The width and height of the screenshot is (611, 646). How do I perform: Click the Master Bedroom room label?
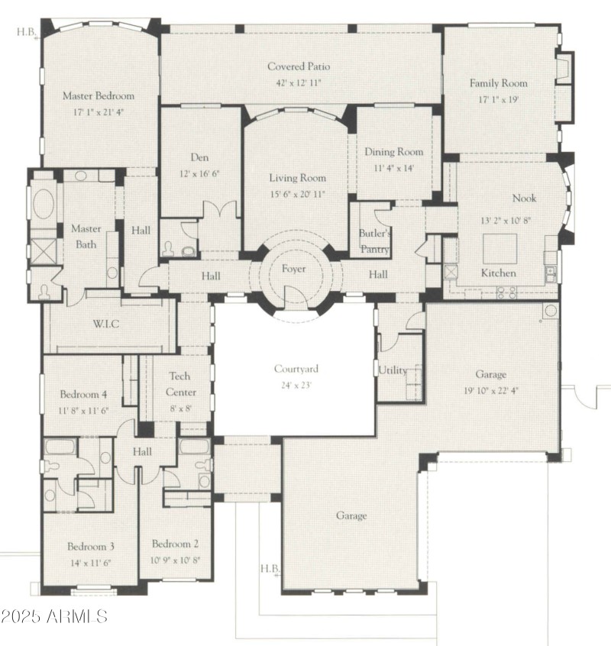(x=98, y=96)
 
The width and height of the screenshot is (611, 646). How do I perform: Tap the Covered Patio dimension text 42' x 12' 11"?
(x=299, y=82)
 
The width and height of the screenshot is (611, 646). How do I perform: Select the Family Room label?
(x=498, y=83)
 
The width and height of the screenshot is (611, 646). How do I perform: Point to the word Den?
(x=199, y=157)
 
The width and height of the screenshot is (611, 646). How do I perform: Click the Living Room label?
(x=297, y=178)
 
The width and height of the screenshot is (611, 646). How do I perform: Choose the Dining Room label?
(x=393, y=152)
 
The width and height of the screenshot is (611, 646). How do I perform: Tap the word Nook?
(x=524, y=198)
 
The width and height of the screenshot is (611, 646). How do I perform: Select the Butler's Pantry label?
(x=375, y=241)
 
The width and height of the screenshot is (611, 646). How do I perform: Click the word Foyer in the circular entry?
(x=294, y=268)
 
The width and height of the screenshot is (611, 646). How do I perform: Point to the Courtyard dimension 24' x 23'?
(x=298, y=386)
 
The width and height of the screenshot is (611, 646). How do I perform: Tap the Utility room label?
(x=393, y=370)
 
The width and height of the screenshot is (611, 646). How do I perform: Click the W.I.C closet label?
(x=105, y=324)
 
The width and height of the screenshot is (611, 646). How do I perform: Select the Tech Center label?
(x=180, y=384)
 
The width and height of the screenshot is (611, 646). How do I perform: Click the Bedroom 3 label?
(x=90, y=547)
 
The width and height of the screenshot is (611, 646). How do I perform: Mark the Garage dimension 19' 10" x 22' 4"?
(x=490, y=389)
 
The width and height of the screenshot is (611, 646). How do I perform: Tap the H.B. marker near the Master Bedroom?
(x=26, y=32)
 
